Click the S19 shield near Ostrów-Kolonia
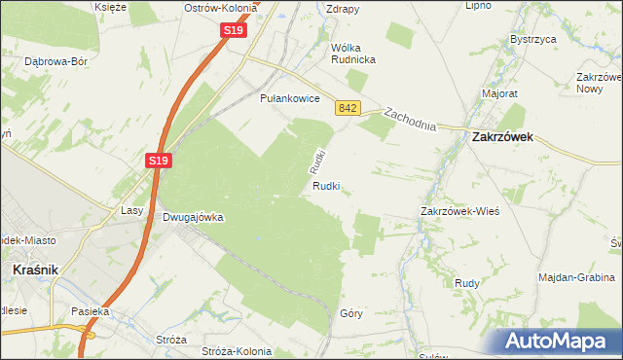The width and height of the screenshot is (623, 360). tap(233, 30)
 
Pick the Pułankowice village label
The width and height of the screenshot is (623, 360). tap(290, 98)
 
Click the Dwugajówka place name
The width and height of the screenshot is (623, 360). tap(193, 218)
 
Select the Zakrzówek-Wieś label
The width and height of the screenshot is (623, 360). tap(459, 211)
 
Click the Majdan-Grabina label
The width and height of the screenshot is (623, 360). tap(577, 277)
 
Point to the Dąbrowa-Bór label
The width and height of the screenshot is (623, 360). tap(56, 60)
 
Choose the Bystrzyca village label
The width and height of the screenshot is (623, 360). tap(532, 40)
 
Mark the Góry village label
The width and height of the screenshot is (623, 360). tap(351, 313)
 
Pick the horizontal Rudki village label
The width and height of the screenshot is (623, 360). tap(326, 186)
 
